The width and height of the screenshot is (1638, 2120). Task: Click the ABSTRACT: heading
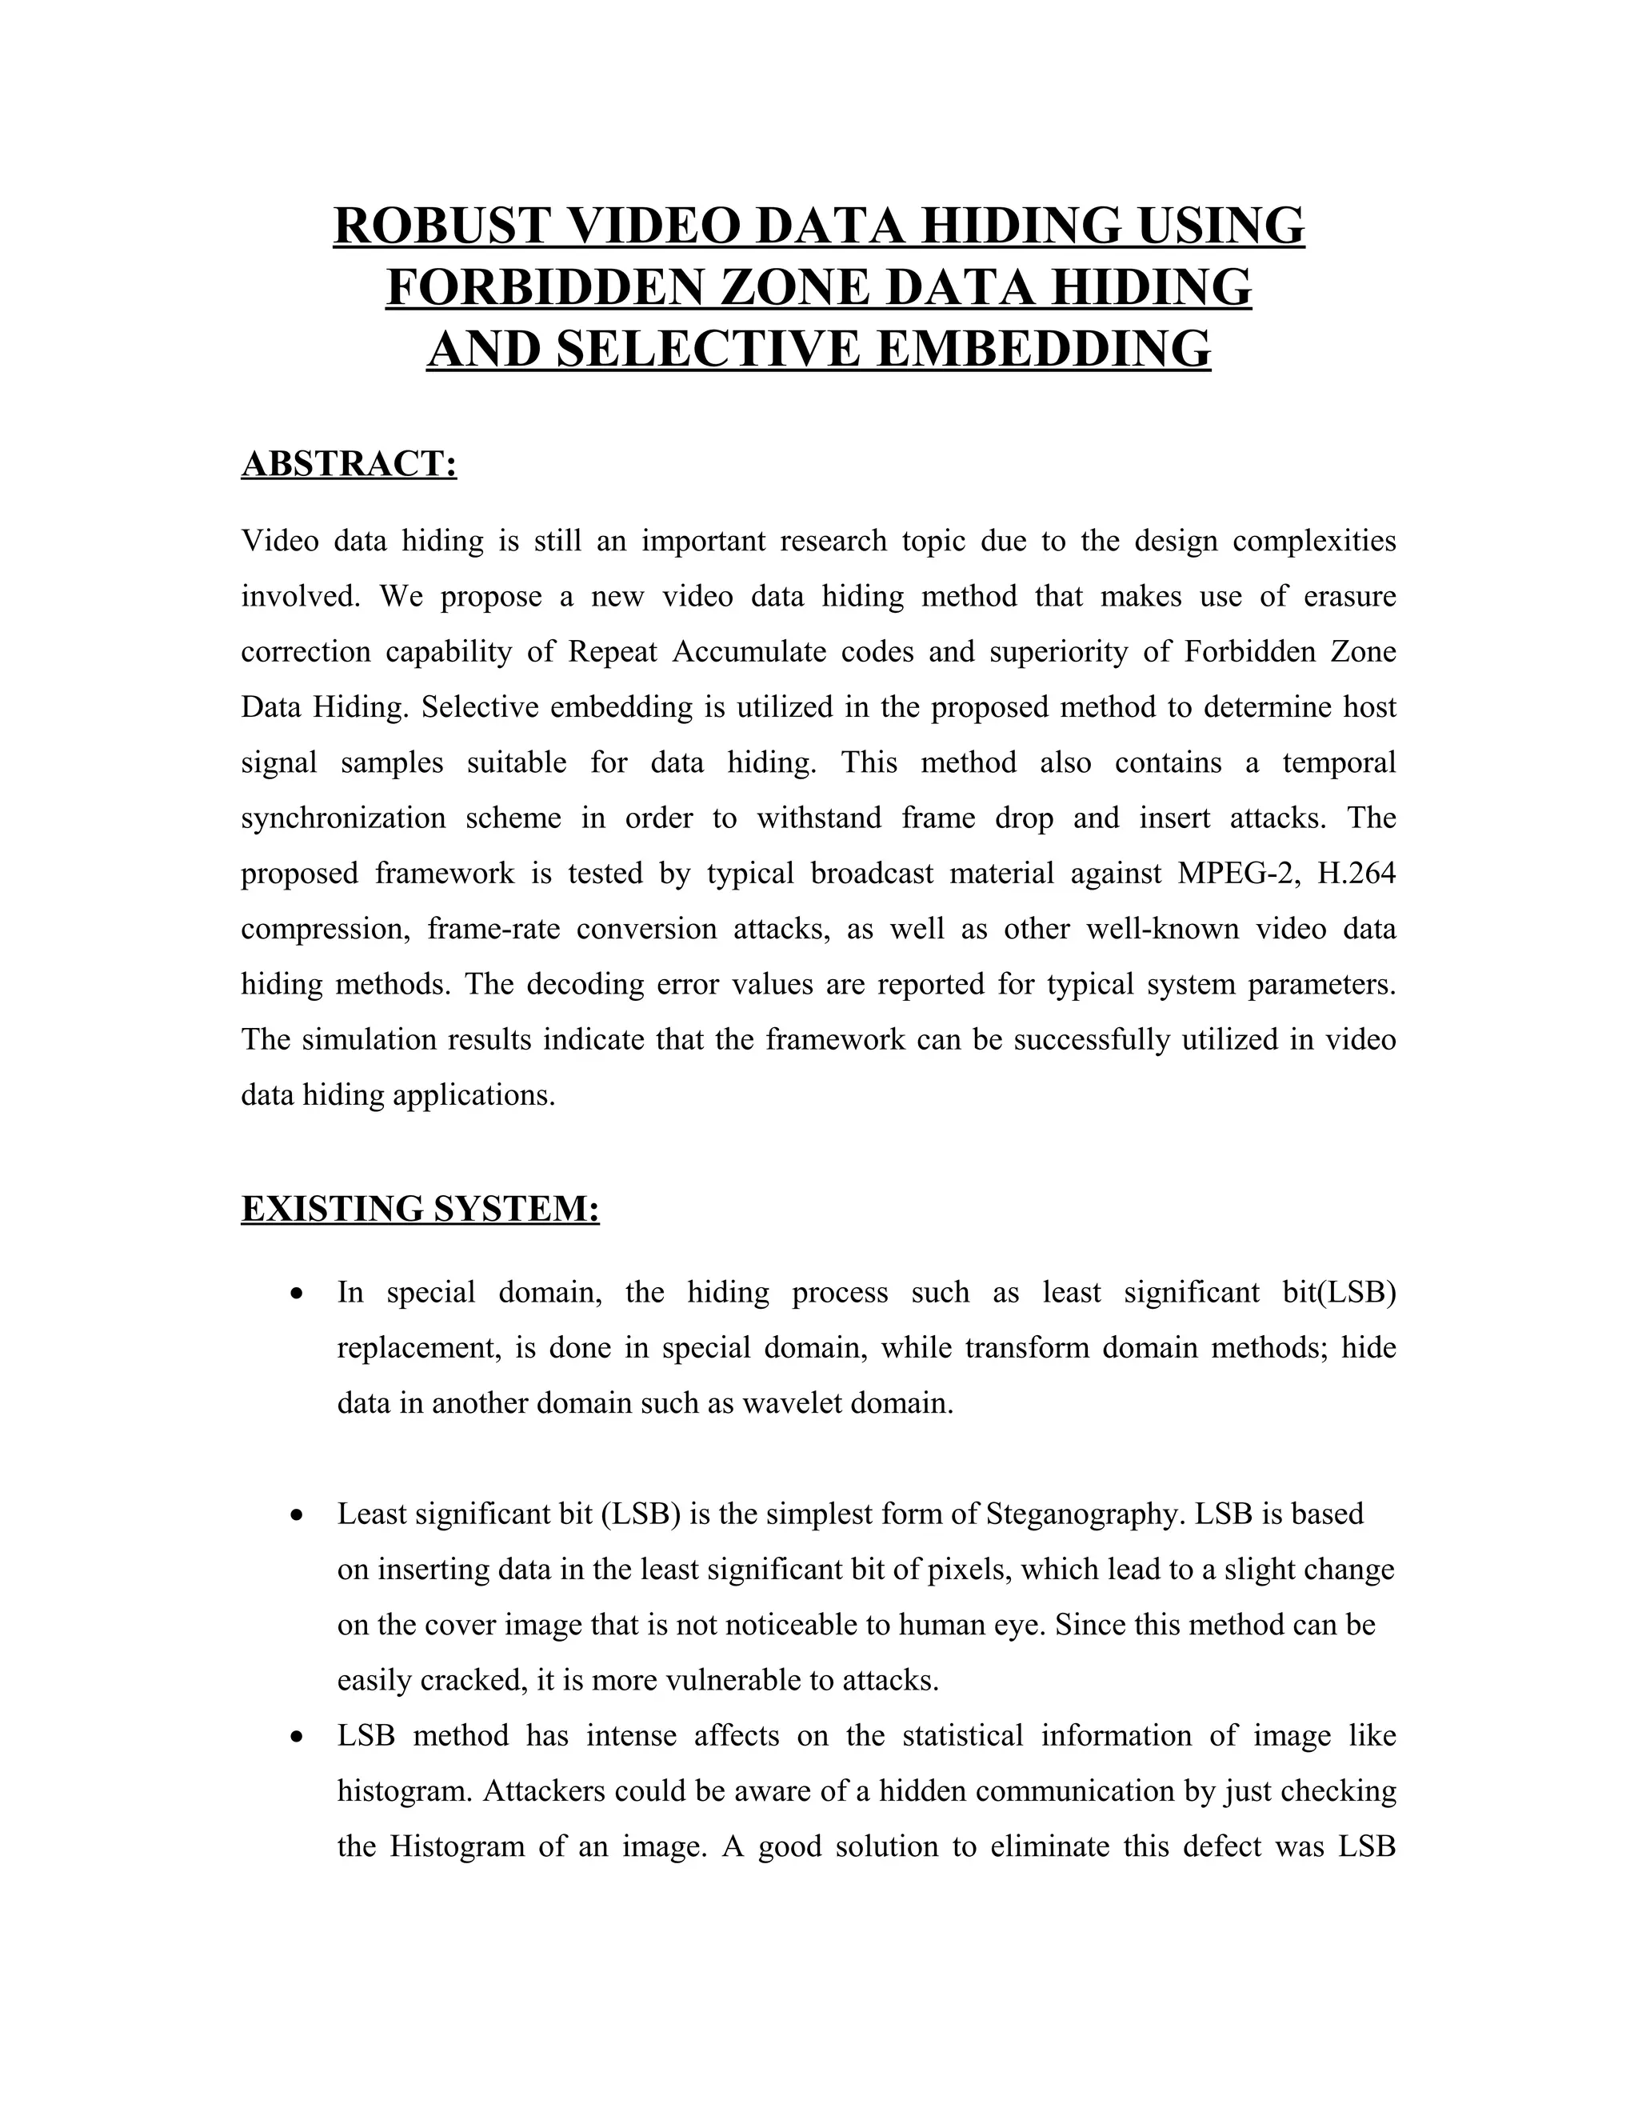coord(349,464)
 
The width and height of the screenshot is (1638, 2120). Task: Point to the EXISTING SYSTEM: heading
coord(420,1209)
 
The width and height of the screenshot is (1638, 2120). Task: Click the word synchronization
coord(342,818)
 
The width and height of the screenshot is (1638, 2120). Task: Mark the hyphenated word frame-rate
coord(490,929)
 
